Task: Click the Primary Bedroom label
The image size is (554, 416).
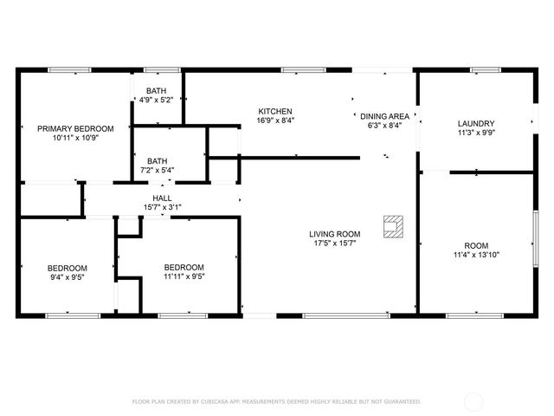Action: point(75,128)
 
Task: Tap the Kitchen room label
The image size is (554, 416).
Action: point(275,111)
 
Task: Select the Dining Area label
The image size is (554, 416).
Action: point(384,115)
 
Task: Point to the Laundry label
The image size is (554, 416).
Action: point(475,123)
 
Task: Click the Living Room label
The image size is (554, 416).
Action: point(335,234)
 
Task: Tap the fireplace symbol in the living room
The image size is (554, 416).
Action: point(394,226)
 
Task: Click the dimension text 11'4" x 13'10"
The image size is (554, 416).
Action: point(476,255)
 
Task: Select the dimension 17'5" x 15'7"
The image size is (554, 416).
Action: point(335,244)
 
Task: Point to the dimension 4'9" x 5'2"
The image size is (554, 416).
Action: point(157,100)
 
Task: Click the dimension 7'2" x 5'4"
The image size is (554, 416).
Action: point(157,170)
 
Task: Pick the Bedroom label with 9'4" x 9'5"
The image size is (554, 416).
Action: point(65,267)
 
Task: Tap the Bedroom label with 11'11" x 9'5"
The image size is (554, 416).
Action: point(184,267)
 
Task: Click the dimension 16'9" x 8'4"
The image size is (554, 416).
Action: point(275,120)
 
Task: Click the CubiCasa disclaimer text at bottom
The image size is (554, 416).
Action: point(276,401)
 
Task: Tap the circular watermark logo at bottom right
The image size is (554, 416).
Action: point(473,401)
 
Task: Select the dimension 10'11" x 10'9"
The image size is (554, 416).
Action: point(75,138)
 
